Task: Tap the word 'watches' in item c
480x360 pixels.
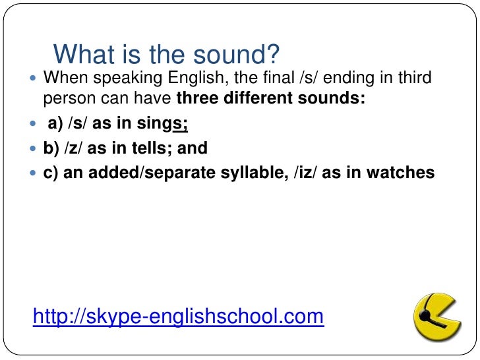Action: [400, 173]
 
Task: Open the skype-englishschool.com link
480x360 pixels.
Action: [178, 317]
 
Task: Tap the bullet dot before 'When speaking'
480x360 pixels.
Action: [34, 79]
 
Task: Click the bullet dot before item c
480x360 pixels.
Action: [34, 173]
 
